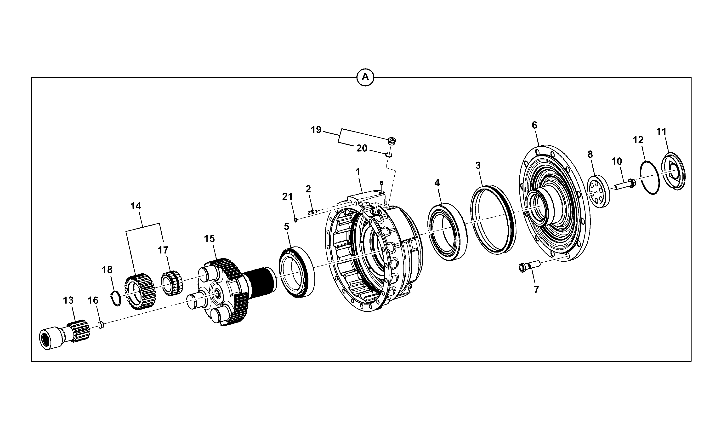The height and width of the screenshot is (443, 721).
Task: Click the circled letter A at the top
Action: [x=365, y=77]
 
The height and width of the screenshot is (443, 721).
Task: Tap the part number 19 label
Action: [x=316, y=130]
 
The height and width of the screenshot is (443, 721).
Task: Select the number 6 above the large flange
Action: [x=534, y=125]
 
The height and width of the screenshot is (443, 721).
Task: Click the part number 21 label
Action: [x=287, y=197]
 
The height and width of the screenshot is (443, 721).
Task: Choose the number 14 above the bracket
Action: [x=136, y=206]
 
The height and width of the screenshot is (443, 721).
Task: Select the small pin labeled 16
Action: [x=101, y=325]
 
